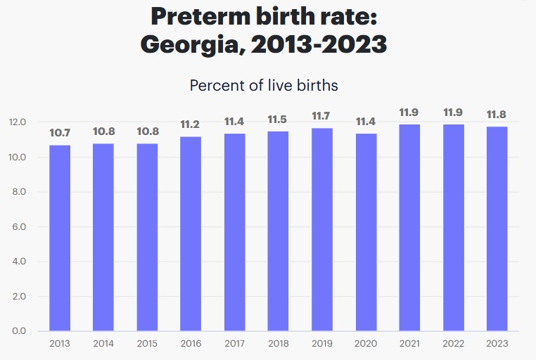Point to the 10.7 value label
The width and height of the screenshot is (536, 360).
point(60,133)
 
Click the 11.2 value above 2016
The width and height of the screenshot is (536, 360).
point(191,124)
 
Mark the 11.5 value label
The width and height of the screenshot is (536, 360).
point(279,120)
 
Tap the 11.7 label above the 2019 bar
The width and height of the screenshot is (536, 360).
point(322,116)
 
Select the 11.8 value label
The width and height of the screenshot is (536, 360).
point(497,115)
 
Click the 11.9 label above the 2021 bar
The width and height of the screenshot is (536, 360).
point(409,112)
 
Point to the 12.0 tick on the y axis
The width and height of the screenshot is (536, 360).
point(17,122)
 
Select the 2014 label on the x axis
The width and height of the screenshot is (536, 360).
point(103,343)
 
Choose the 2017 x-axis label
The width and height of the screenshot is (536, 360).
point(234,343)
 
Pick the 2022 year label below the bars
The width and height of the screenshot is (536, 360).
point(453,343)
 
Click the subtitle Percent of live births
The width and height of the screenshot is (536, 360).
point(264,86)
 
